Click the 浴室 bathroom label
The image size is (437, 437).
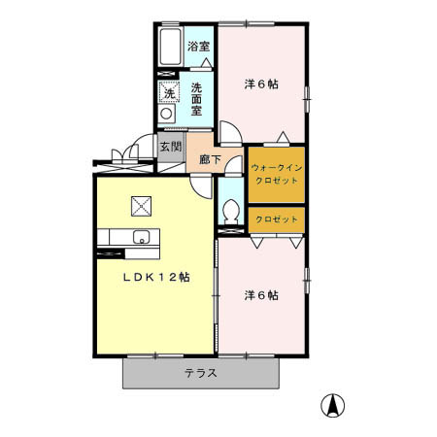(x=199, y=46)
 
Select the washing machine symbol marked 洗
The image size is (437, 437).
(x=168, y=93)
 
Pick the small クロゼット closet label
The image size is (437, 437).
(x=277, y=220)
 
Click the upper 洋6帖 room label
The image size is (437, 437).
(x=260, y=84)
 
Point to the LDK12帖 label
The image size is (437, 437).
(x=155, y=277)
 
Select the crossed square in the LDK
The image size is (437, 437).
(x=142, y=205)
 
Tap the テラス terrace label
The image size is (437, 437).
(x=200, y=374)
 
